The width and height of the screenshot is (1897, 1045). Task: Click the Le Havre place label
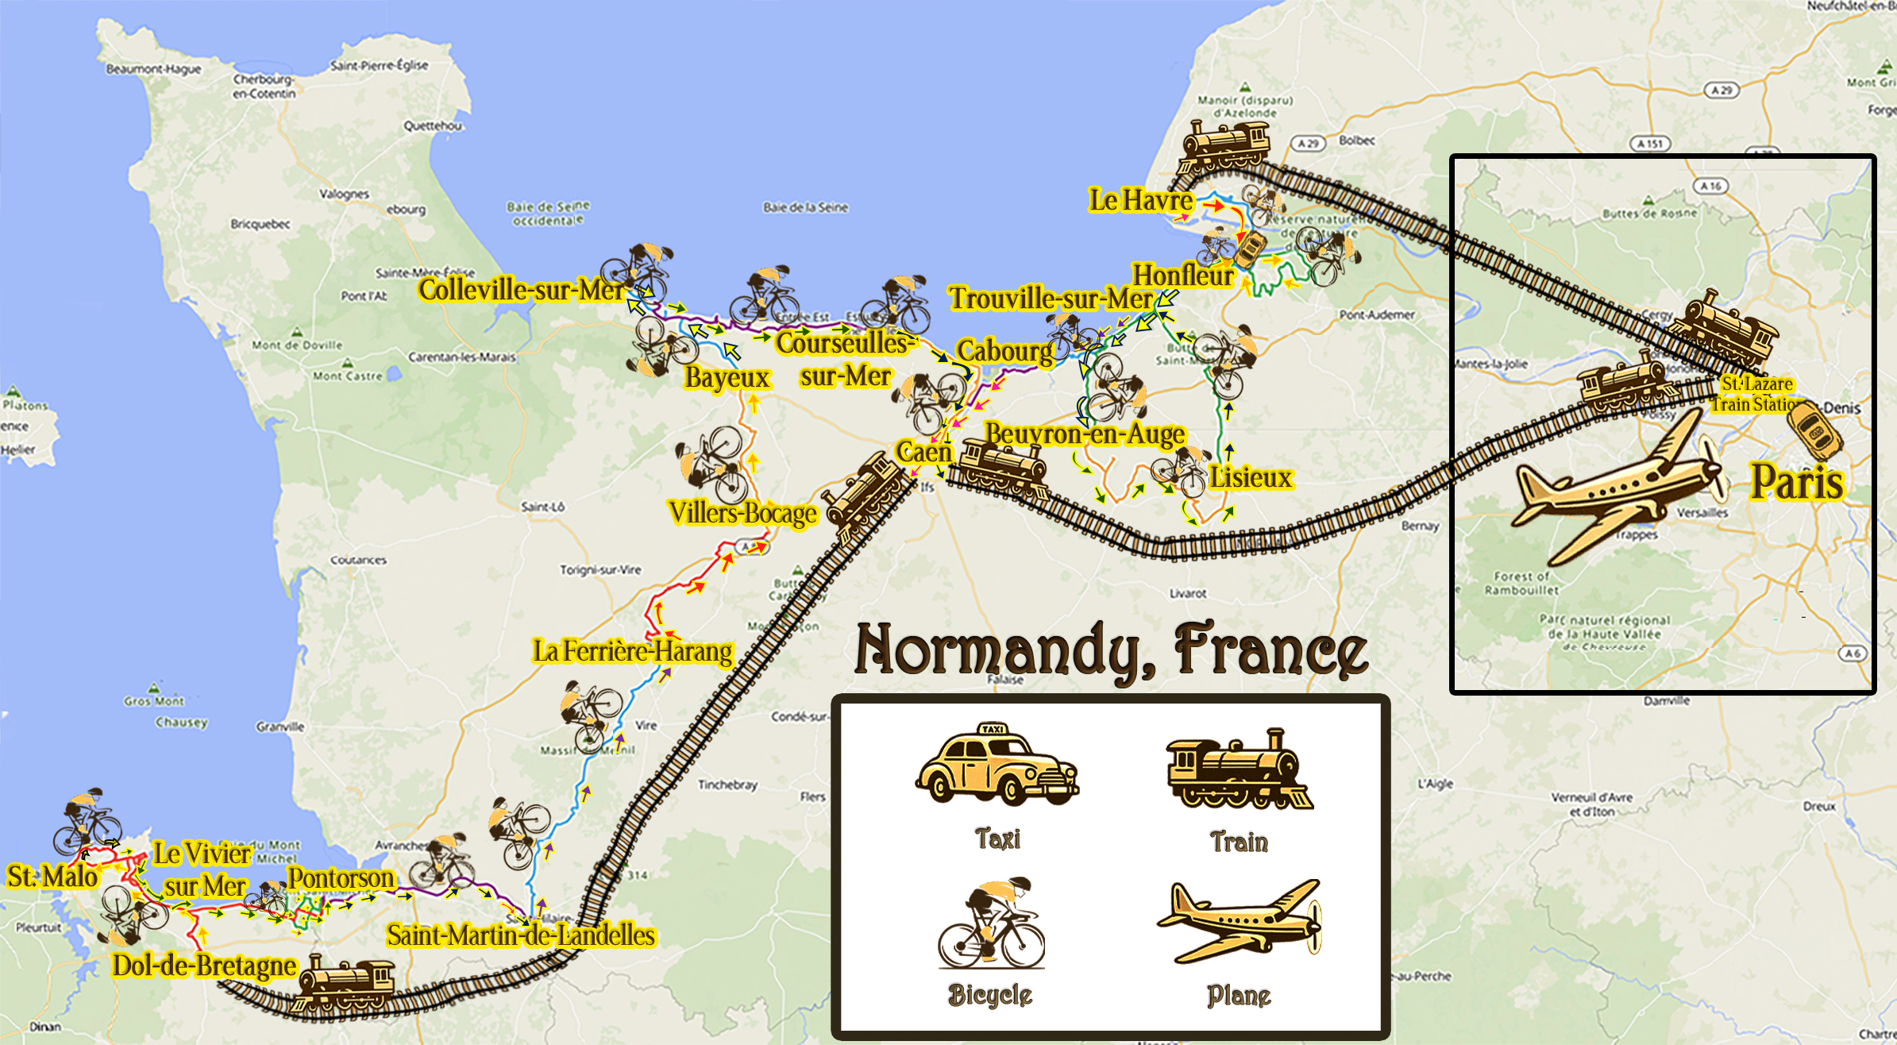point(1140,200)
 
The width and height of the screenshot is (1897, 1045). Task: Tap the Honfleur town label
point(1182,276)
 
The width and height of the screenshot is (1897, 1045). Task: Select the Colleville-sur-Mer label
point(521,290)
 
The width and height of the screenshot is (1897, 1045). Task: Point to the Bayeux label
point(727,377)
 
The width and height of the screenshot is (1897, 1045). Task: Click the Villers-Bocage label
point(742,513)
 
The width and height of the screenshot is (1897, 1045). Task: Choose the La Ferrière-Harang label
point(632,651)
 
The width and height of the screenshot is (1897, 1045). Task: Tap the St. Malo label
point(52,877)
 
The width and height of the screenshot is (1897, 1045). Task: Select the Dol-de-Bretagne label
point(204,966)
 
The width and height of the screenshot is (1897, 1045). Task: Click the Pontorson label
point(341,878)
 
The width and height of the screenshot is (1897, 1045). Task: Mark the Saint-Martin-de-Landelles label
point(521,935)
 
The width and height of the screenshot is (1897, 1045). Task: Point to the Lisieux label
point(1251,477)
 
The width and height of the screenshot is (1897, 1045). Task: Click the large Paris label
point(1796,482)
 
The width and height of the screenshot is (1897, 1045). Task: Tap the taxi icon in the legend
point(997,764)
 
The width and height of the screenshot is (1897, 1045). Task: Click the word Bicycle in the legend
point(989,995)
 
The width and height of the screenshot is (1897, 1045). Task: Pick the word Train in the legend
point(1239,842)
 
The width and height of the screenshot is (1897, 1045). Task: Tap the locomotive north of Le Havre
point(1224,145)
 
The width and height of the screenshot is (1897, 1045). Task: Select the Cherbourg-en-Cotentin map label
point(264,87)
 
